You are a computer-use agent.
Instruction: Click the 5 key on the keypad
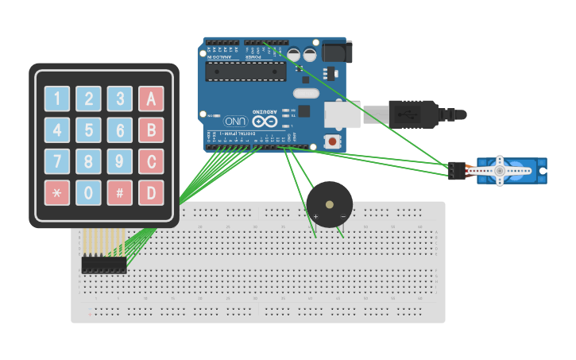pos(88,130)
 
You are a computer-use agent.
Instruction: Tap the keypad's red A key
pos(151,99)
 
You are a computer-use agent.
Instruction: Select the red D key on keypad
pos(151,192)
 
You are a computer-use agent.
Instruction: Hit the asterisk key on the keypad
pos(57,192)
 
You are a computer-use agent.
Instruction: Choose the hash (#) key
pos(119,192)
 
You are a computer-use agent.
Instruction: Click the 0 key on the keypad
pos(88,192)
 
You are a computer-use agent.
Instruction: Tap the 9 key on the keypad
pos(119,161)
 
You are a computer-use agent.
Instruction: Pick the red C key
pos(151,161)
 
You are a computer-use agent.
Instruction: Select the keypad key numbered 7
pos(57,161)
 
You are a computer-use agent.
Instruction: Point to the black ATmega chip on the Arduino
pos(245,72)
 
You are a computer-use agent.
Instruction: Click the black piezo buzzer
pos(329,204)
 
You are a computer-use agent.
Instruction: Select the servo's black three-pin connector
pos(456,170)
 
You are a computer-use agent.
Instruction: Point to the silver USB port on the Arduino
pos(342,114)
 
